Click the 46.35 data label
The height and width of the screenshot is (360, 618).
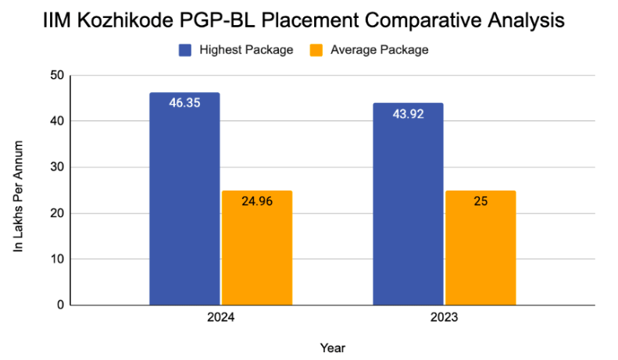(184, 102)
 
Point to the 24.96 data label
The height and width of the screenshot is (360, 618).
(257, 201)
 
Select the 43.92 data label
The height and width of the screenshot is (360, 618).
(408, 113)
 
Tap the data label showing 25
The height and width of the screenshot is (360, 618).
(480, 201)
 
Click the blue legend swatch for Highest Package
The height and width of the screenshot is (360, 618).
(185, 50)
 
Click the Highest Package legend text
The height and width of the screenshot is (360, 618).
(245, 50)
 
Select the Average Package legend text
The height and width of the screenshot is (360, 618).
(379, 50)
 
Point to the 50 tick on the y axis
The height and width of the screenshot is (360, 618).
(56, 76)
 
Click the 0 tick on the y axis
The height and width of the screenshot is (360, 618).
(59, 305)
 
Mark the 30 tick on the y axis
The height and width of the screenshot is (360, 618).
(56, 167)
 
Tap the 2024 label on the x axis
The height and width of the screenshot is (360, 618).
(221, 319)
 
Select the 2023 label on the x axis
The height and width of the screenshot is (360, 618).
(444, 319)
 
